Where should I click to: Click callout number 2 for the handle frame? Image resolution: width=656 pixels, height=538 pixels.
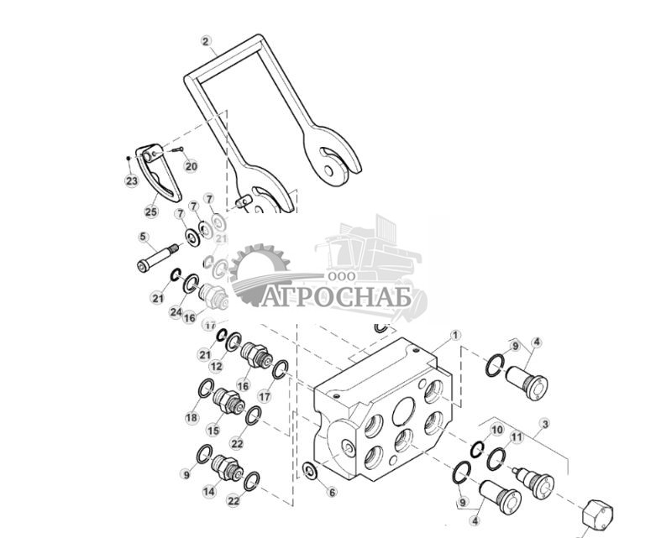(x=207, y=40)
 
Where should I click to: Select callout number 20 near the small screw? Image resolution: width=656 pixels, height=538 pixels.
(x=191, y=166)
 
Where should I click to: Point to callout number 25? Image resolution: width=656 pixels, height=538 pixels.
(x=151, y=212)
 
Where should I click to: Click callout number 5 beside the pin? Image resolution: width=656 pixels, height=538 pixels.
(x=144, y=238)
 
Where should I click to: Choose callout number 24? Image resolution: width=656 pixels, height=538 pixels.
(x=176, y=311)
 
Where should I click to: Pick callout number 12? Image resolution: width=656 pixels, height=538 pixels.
(x=216, y=367)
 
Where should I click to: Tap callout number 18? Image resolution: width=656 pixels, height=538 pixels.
(x=192, y=417)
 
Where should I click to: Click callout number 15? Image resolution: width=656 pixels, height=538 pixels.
(x=213, y=431)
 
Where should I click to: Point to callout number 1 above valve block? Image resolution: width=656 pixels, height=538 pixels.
(x=455, y=335)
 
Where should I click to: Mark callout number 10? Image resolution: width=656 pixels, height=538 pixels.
(x=496, y=430)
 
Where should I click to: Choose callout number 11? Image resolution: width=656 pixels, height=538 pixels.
(x=517, y=437)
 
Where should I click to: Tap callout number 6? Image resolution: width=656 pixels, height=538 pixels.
(x=332, y=493)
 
